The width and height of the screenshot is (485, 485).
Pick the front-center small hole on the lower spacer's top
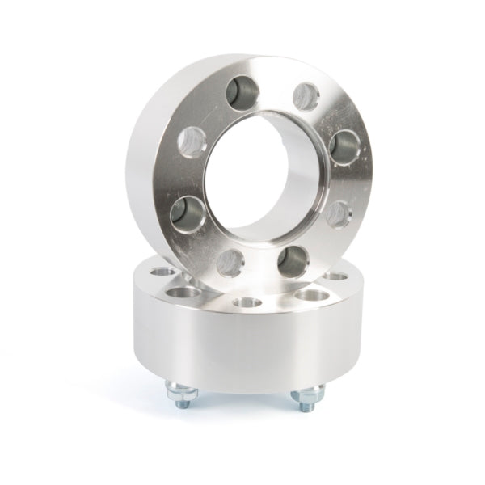click(245, 303)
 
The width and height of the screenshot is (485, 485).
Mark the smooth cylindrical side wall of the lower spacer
click(242, 348)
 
